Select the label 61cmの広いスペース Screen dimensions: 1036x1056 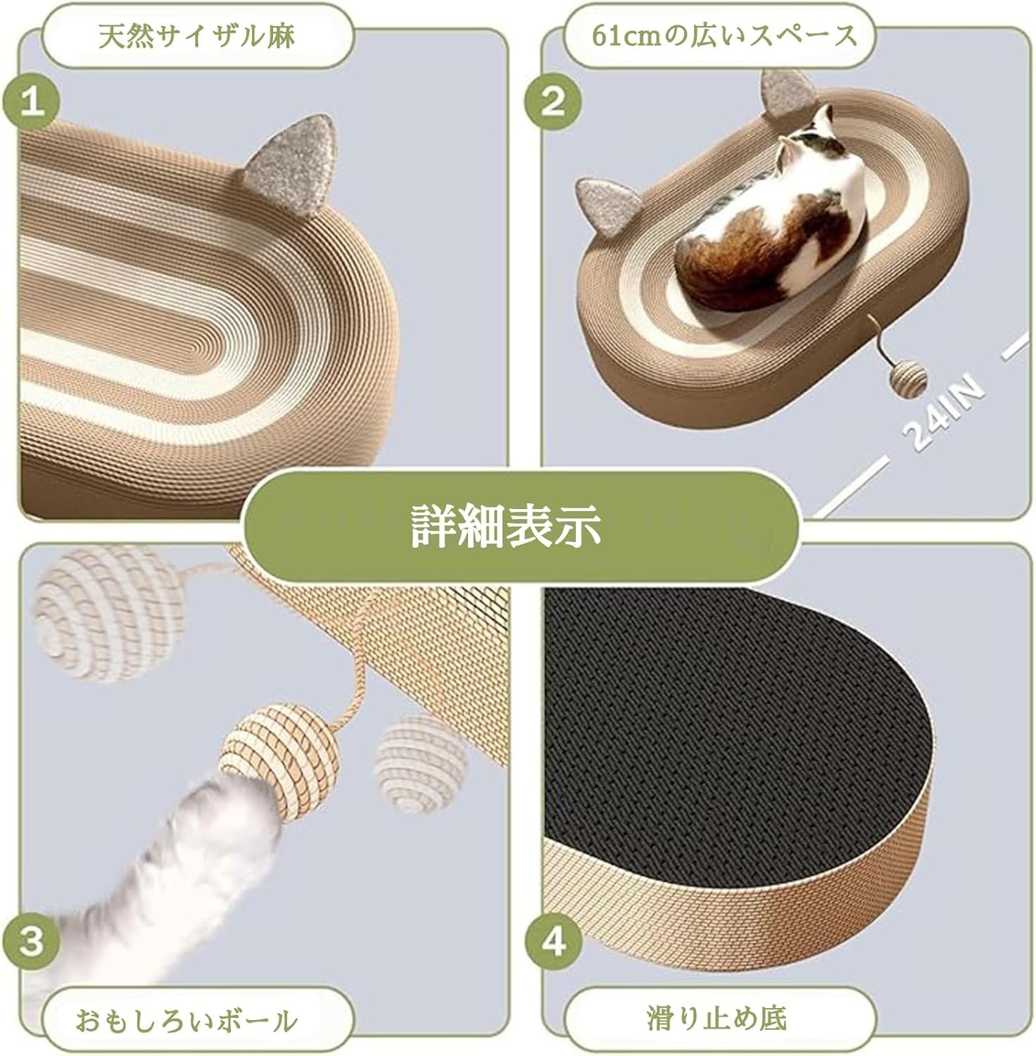click(724, 36)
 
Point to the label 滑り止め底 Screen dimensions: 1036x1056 click(716, 1018)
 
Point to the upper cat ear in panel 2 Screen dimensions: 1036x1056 click(783, 95)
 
